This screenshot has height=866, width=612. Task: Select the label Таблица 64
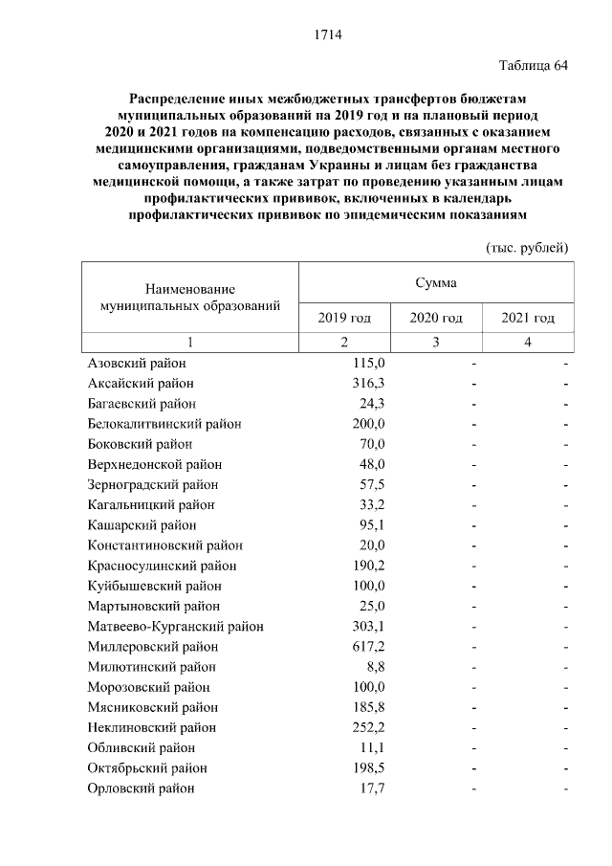click(534, 65)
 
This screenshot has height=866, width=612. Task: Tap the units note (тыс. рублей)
click(528, 247)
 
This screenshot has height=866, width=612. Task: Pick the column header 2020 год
click(436, 318)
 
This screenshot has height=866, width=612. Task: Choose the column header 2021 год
click(528, 318)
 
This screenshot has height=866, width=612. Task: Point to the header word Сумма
click(436, 283)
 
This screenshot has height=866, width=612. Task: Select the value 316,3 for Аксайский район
click(368, 384)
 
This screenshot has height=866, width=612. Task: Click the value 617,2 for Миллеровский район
click(368, 647)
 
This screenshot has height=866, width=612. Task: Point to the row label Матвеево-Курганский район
click(175, 627)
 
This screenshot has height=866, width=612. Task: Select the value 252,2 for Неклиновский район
click(368, 727)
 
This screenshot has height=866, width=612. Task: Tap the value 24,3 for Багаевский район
click(371, 404)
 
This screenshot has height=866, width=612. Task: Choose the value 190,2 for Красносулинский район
click(368, 566)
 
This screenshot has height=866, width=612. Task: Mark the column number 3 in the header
click(436, 343)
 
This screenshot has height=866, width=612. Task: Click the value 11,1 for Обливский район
click(371, 747)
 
